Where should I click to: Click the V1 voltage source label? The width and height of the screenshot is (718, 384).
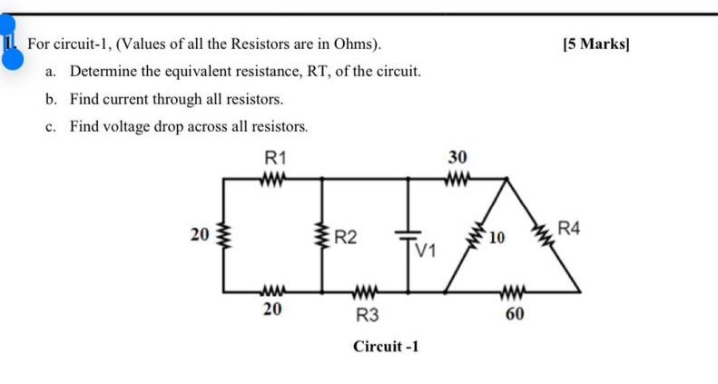425,250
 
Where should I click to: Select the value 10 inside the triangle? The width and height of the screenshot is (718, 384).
496,239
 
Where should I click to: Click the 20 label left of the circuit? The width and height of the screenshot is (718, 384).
199,234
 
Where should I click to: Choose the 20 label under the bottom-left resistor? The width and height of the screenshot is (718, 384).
271,310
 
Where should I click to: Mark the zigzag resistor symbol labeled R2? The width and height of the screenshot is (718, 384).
322,237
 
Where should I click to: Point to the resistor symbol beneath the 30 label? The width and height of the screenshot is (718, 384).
457,178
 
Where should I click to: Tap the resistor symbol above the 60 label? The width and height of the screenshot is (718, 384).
513,292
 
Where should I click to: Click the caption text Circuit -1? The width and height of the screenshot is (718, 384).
386,347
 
